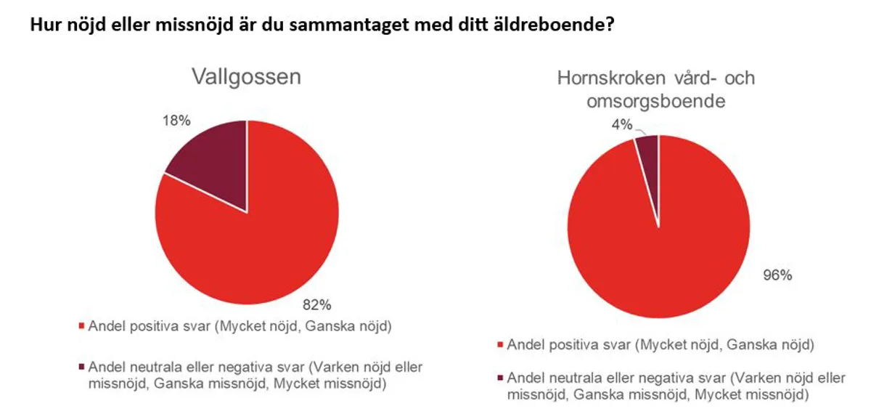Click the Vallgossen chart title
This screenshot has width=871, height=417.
coord(245,77)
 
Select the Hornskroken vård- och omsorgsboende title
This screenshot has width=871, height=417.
coord(655,89)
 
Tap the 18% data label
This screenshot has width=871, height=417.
coord(176,121)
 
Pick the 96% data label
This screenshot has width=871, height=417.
coord(777,275)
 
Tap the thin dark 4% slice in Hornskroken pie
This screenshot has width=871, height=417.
coord(648,149)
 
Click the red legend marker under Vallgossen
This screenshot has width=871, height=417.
coord(81,326)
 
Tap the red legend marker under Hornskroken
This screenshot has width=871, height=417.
coord(500,344)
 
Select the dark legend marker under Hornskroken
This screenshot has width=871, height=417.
coord(500,378)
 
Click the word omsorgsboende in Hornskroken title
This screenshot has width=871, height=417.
coord(655,102)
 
